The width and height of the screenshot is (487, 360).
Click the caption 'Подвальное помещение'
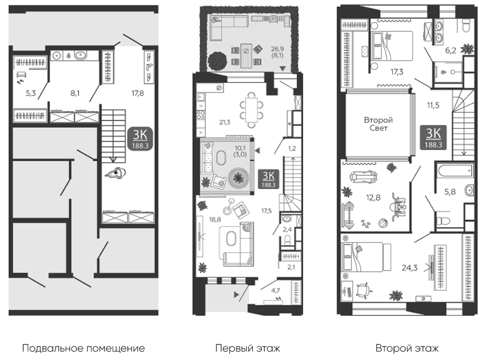[x=83, y=348]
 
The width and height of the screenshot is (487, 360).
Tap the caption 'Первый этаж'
[x=247, y=348]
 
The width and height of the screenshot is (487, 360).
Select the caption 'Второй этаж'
[x=407, y=348]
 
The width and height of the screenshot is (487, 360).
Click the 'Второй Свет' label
[x=378, y=124]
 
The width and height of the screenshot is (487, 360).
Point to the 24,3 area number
[x=410, y=267]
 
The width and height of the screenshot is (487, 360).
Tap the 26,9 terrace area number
[x=277, y=49]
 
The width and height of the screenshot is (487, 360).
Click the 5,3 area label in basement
[x=31, y=93]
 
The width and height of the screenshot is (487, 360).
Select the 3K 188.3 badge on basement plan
[x=140, y=138]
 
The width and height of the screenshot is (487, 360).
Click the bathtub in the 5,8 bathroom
[x=455, y=171]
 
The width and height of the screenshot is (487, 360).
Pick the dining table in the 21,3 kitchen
[x=252, y=110]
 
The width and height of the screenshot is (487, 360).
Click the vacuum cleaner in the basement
[x=116, y=174]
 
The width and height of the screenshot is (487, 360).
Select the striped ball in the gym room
[x=383, y=224]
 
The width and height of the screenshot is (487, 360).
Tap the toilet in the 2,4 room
[x=287, y=240]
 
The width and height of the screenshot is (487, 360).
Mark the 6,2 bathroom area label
[x=450, y=50]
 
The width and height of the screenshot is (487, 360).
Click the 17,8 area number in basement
[x=137, y=93]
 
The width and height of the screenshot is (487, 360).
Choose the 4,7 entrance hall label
[x=275, y=290]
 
